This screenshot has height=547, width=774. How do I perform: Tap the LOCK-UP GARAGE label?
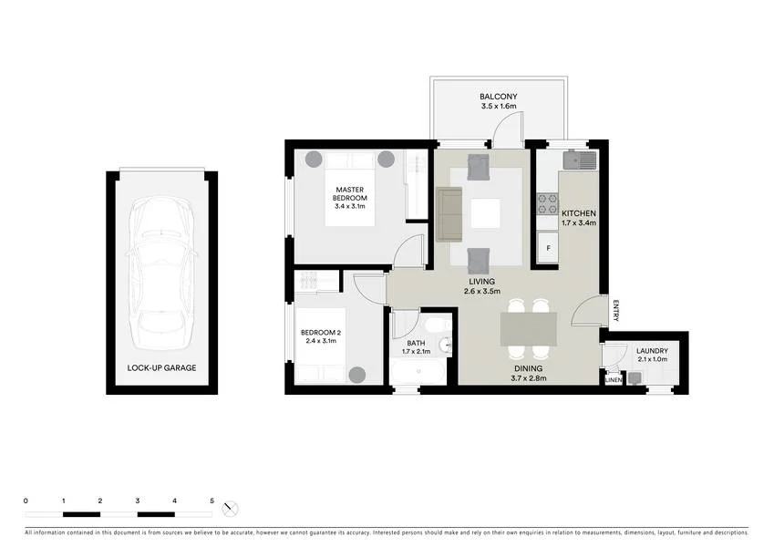click(162, 368)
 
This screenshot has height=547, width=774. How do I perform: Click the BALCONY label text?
click(499, 97)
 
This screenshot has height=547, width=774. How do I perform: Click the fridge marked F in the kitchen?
click(548, 247)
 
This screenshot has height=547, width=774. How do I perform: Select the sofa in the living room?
click(449, 214)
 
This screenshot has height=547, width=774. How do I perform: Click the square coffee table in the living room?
click(485, 213)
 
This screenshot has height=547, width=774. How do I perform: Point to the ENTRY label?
click(616, 311)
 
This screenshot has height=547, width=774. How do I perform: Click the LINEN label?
click(614, 380)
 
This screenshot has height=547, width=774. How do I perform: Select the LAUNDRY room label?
click(652, 351)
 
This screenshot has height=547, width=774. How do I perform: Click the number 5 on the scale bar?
click(212, 501)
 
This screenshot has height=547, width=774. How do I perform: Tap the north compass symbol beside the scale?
click(231, 507)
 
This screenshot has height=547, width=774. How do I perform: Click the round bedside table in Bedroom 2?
click(356, 374)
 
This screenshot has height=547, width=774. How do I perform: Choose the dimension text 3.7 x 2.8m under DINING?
click(528, 378)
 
